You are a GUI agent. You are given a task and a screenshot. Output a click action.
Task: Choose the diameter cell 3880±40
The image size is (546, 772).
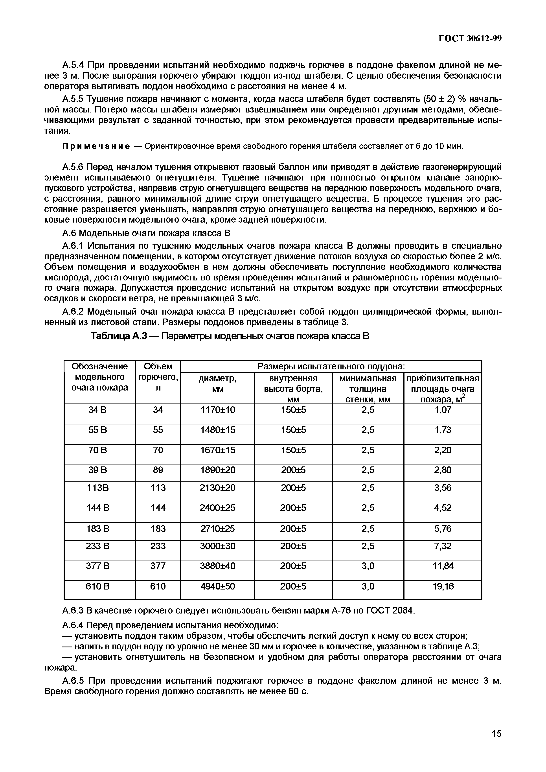tap(217, 566)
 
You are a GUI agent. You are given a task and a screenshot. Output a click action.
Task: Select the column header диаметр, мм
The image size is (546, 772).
tap(217, 384)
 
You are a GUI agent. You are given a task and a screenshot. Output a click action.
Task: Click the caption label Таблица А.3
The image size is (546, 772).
tap(119, 336)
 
